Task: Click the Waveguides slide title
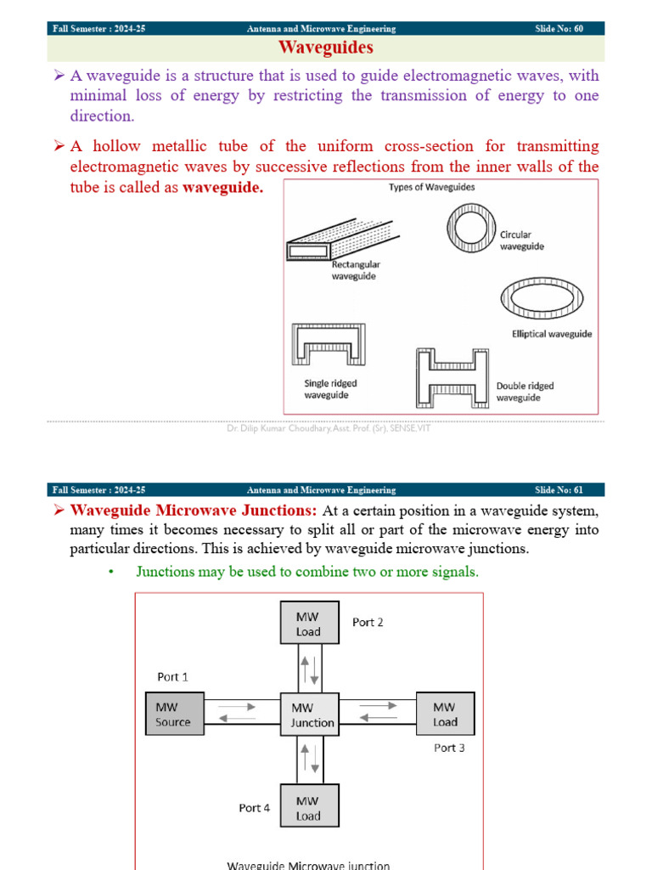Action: click(326, 48)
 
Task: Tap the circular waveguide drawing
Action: click(469, 229)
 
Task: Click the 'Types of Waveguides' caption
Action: click(431, 187)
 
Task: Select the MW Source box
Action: click(174, 714)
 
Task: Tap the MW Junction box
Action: click(309, 714)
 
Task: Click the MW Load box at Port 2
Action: click(309, 624)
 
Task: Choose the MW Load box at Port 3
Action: click(445, 714)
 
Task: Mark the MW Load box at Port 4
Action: click(309, 808)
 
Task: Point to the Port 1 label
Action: click(173, 677)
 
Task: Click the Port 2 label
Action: click(368, 622)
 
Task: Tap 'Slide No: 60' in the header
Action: click(559, 29)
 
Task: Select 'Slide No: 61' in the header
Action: click(559, 490)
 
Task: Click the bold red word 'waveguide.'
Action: click(223, 188)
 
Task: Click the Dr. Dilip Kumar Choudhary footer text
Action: click(329, 429)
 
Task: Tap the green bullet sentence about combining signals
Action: click(307, 572)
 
